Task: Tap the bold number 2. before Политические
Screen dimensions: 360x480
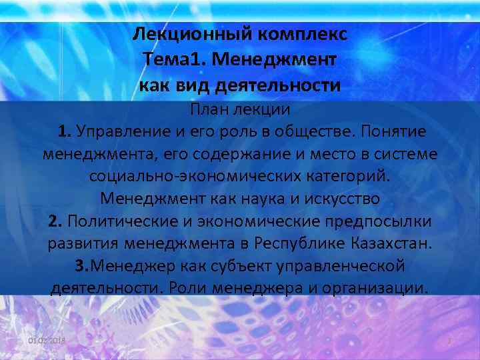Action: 55,221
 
